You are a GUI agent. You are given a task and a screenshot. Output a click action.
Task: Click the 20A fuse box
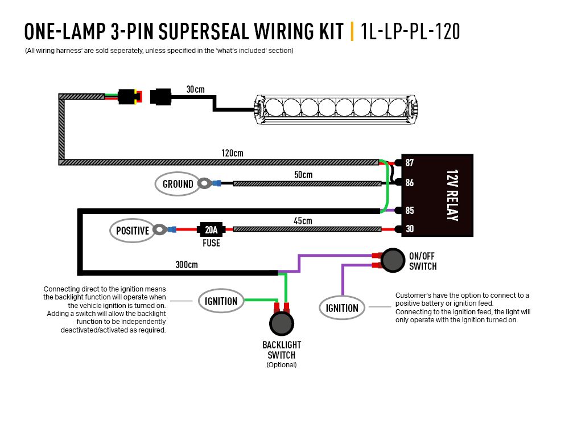(211, 230)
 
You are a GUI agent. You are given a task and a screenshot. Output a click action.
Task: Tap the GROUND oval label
(178, 184)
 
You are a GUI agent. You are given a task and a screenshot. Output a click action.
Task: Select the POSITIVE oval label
(132, 231)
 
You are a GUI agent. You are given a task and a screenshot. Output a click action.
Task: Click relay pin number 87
(409, 163)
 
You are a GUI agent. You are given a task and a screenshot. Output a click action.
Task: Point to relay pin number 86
(409, 183)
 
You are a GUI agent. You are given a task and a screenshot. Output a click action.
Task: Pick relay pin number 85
(409, 210)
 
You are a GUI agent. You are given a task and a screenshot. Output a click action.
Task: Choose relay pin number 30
(409, 229)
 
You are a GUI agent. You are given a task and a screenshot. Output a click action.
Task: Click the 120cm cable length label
(232, 153)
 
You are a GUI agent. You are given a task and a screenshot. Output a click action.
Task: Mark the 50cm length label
(303, 174)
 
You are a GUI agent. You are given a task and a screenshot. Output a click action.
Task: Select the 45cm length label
(303, 221)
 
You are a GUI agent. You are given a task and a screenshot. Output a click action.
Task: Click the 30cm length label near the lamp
(195, 89)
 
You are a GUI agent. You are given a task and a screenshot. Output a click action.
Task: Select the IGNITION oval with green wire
(221, 301)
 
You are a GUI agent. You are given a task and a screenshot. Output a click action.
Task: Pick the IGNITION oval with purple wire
(342, 308)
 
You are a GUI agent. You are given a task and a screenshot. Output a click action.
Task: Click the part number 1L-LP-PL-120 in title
(410, 31)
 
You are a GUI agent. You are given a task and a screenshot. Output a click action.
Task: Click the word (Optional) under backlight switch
(282, 365)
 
